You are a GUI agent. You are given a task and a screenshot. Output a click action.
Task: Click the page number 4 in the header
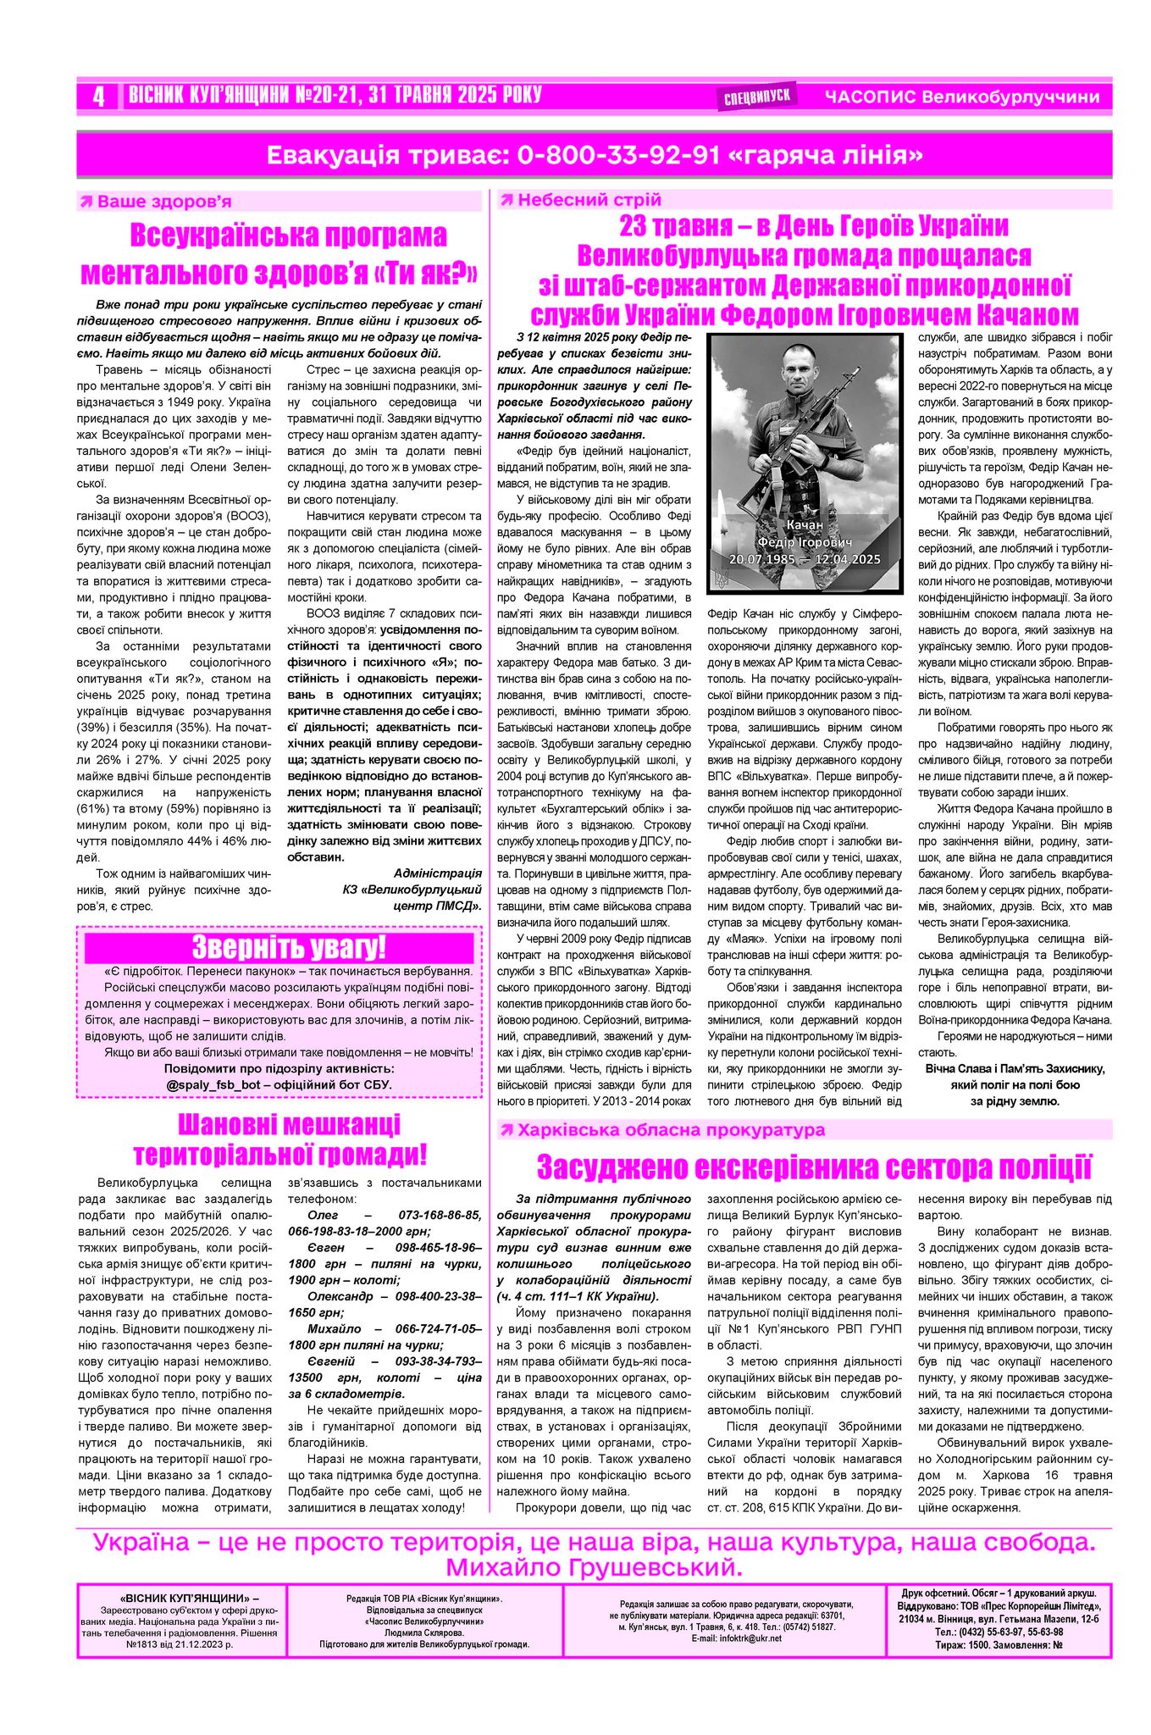(x=99, y=97)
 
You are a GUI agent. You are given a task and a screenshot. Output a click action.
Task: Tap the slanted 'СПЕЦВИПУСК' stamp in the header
(x=757, y=97)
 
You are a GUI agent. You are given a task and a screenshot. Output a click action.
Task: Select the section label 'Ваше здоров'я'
(x=164, y=202)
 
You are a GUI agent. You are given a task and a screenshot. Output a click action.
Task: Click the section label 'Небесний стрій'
(x=589, y=200)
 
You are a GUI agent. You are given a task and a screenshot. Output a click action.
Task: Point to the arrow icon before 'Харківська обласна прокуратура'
(x=506, y=1129)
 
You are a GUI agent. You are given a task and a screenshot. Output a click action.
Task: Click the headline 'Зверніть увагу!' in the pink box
(x=288, y=946)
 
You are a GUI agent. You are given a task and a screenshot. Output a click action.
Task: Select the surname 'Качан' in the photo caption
(x=804, y=525)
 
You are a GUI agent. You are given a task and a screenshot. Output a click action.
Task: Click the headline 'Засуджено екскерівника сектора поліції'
(x=813, y=1167)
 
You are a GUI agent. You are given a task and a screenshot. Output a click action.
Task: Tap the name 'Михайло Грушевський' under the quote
(x=593, y=1566)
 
